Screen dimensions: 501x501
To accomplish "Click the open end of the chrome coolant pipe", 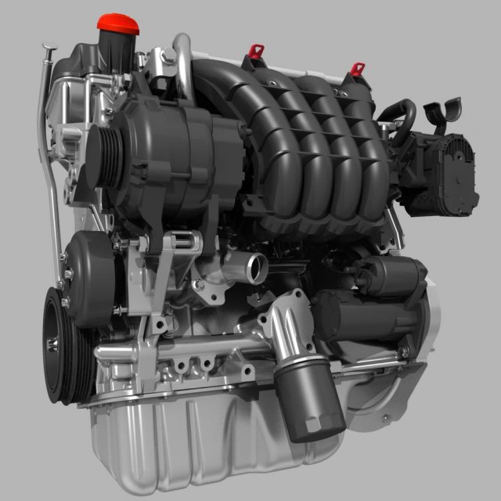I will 257,269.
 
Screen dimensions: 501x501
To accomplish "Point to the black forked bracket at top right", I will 443,114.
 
